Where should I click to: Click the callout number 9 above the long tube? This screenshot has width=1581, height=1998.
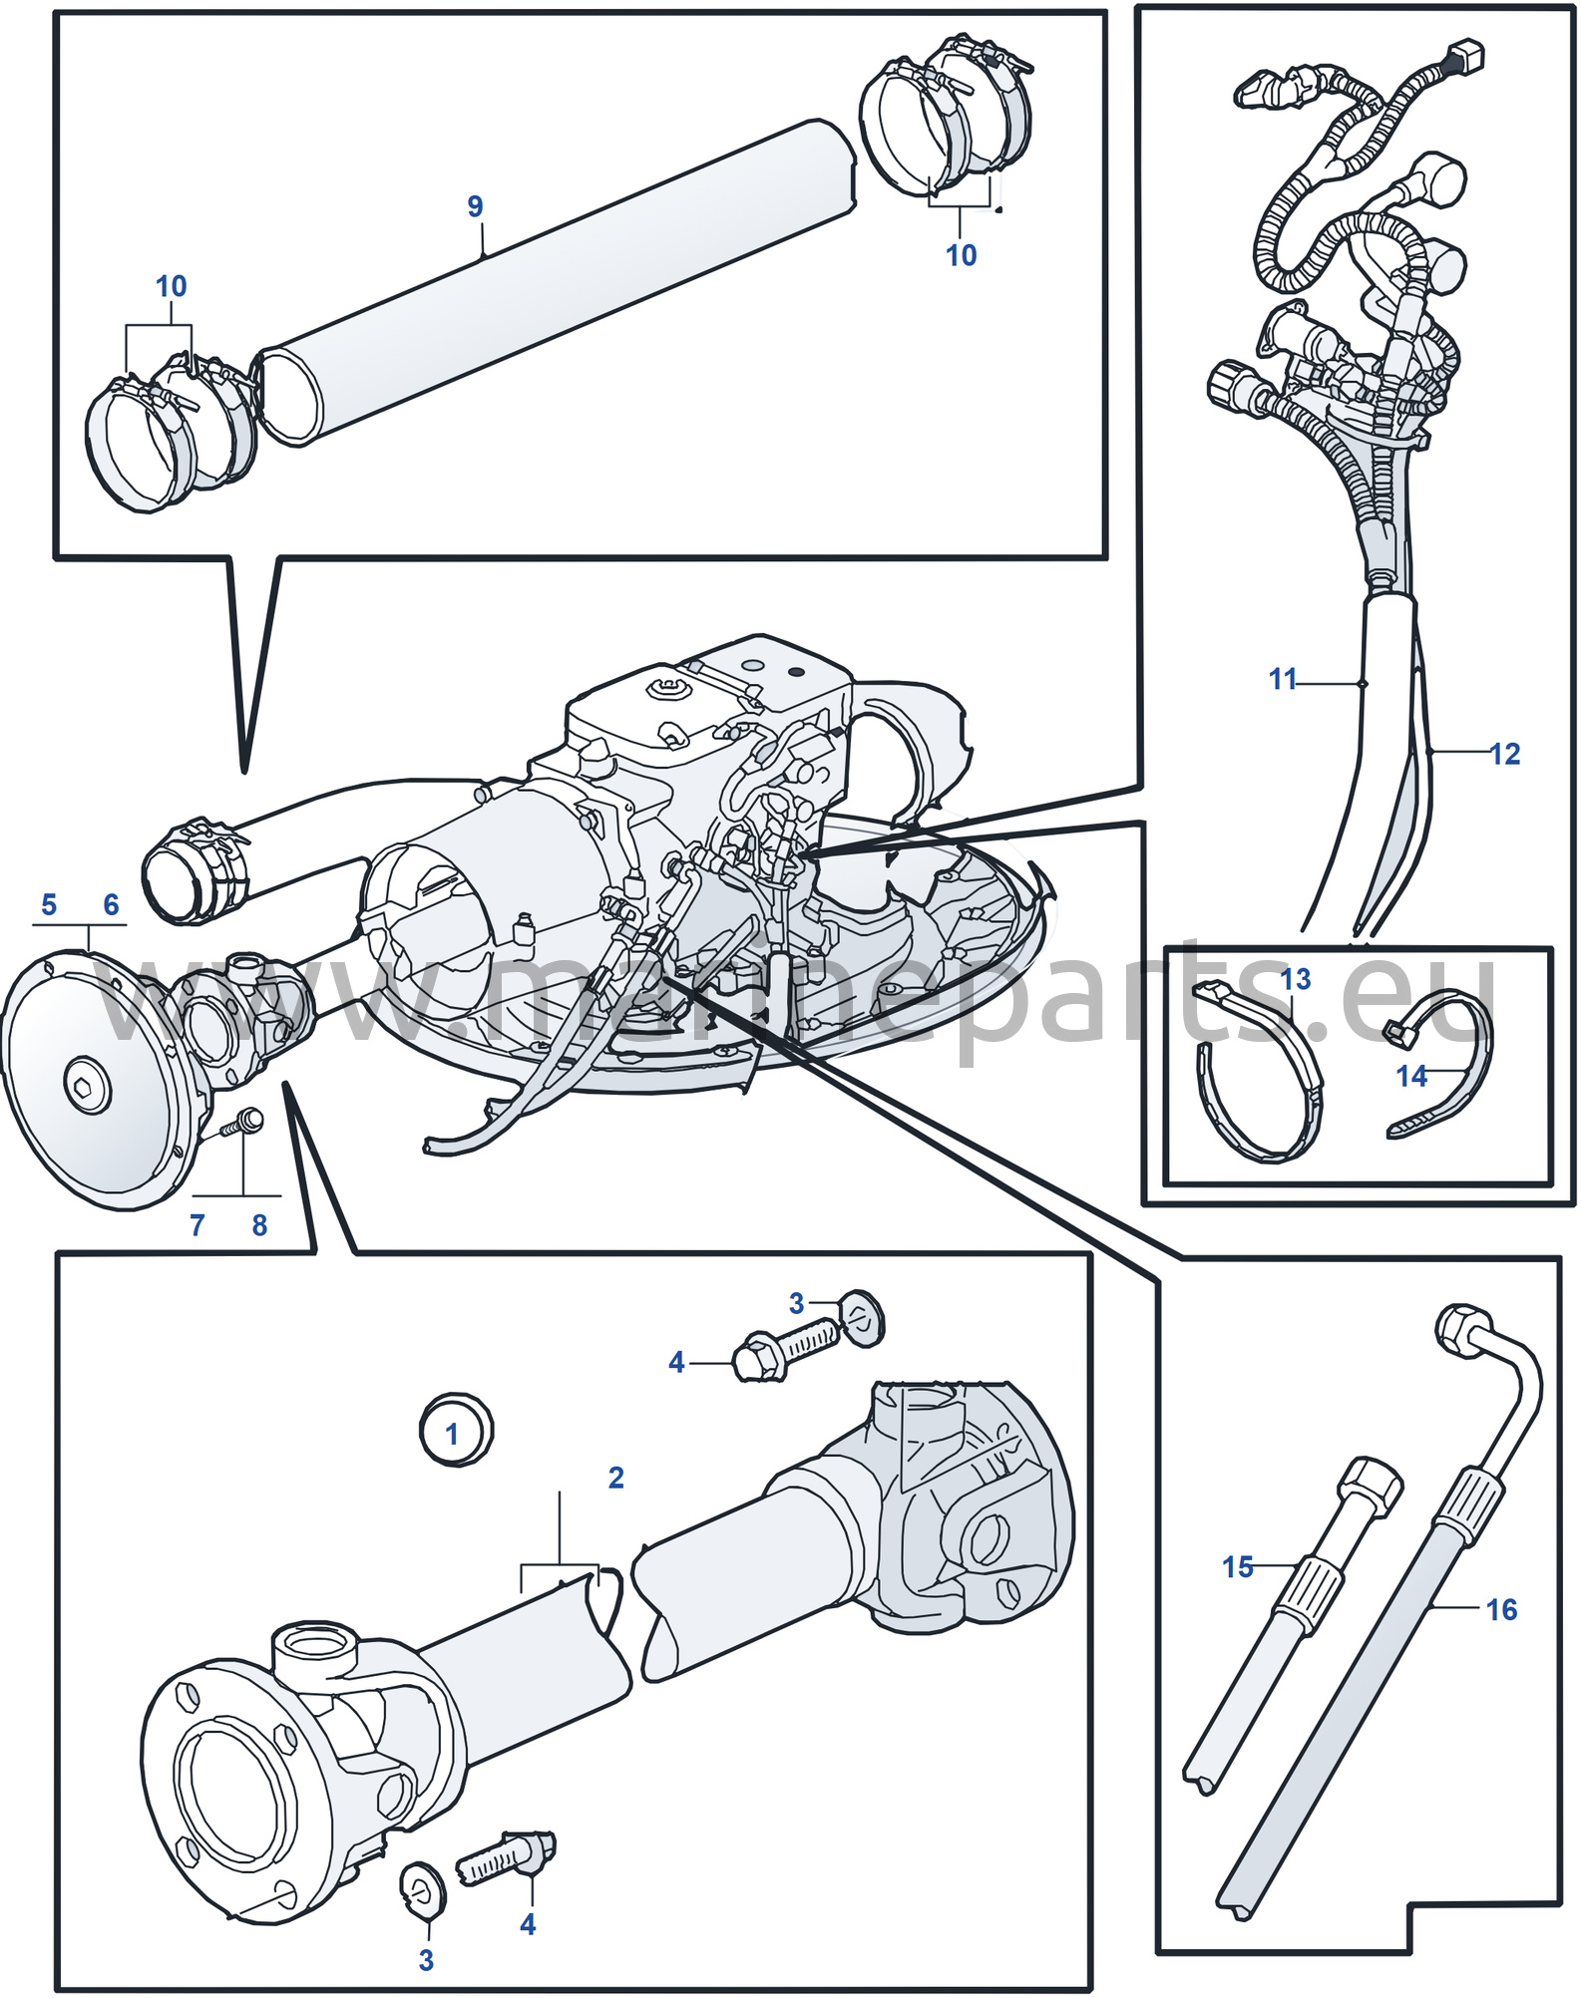pos(475,206)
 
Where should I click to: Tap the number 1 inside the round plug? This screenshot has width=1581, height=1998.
pos(452,1434)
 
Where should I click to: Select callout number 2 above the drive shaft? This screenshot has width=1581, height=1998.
pos(616,1478)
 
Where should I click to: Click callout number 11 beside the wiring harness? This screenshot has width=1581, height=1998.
pos(1282,679)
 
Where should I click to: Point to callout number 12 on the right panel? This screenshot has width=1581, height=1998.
pos(1505,754)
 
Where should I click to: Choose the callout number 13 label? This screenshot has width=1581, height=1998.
pos(1296,979)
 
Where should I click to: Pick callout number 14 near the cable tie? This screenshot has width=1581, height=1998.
pos(1411,1076)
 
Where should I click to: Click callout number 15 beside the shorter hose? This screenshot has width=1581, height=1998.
pos(1238,1566)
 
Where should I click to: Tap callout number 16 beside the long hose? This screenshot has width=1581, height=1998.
pos(1501,1609)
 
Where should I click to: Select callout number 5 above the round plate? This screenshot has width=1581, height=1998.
pos(49,904)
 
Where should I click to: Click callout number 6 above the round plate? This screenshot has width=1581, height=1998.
pos(111,904)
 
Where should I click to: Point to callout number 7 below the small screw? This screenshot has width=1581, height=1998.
pos(198,1224)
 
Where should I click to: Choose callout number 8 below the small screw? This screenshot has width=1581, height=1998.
pos(259,1224)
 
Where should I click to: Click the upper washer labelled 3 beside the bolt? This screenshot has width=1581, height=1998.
pos(861,1319)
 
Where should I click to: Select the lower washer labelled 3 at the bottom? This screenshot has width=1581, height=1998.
pos(423,1887)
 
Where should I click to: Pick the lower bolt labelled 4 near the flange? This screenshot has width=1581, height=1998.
pos(506,1855)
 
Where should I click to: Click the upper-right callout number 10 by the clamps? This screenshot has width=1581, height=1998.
pos(961,255)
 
